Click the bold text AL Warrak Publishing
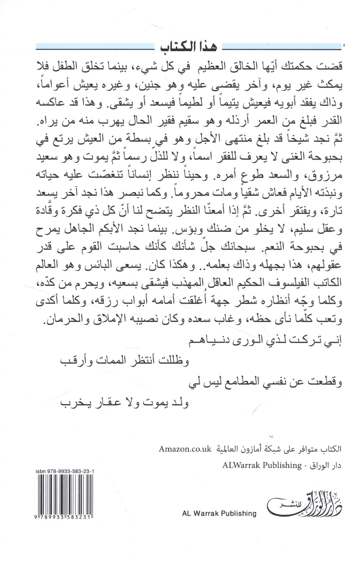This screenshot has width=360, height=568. click(x=219, y=513)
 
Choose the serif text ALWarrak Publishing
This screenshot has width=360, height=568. click(x=262, y=465)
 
